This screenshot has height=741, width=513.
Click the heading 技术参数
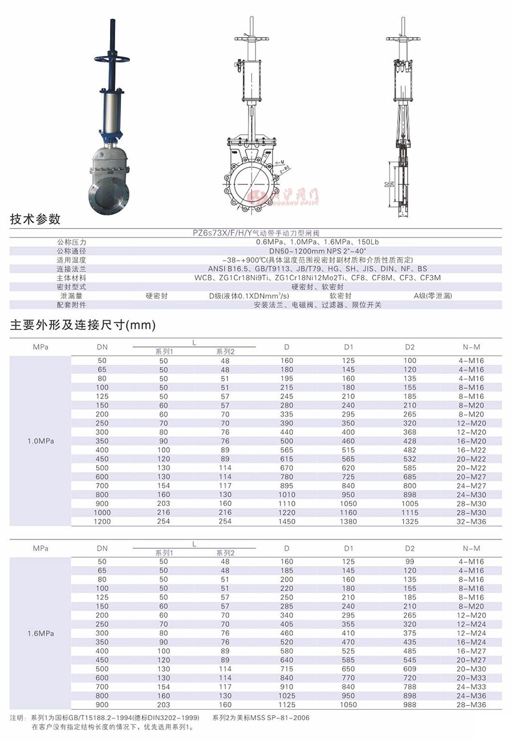[x=35, y=220]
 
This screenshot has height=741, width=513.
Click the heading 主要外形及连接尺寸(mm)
[x=83, y=326]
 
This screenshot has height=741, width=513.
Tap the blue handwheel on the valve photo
[x=112, y=58]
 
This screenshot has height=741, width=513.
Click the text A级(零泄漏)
[x=432, y=296]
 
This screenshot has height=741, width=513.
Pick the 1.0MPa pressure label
[x=40, y=441]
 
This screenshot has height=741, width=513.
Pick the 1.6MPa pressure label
[x=40, y=634]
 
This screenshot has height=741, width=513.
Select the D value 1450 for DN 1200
[x=287, y=521]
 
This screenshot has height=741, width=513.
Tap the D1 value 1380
[x=349, y=521]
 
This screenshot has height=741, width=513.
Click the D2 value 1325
[x=410, y=521]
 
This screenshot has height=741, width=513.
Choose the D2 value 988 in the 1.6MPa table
[x=410, y=704]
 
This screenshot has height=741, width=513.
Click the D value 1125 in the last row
[x=287, y=704]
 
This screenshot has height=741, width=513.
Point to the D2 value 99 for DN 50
[x=410, y=561]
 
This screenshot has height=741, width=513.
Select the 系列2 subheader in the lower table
[x=225, y=553]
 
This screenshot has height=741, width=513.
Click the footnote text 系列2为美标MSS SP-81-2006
[x=261, y=718]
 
